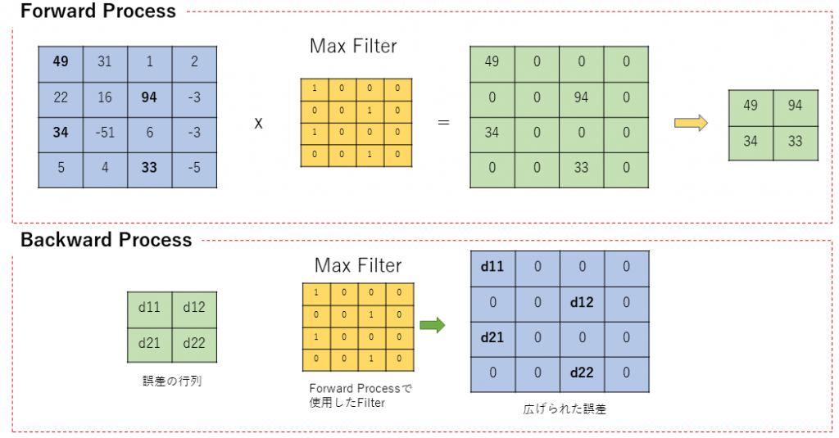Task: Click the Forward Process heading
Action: click(x=98, y=11)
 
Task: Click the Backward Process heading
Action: click(x=106, y=240)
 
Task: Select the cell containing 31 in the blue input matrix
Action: click(x=105, y=61)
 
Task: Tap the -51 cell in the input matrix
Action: click(x=105, y=133)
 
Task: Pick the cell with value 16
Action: click(x=105, y=97)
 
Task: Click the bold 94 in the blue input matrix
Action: click(x=149, y=97)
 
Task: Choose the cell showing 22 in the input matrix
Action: click(x=61, y=97)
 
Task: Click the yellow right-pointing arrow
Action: click(x=690, y=122)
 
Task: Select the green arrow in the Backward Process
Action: click(x=432, y=325)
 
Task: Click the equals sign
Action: click(x=443, y=123)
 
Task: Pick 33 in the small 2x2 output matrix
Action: click(x=796, y=141)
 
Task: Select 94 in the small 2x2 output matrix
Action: click(x=796, y=106)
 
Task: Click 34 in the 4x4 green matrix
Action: click(x=492, y=133)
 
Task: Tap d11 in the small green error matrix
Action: click(x=149, y=308)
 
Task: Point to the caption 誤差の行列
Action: click(x=171, y=380)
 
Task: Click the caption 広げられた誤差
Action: click(x=565, y=409)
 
